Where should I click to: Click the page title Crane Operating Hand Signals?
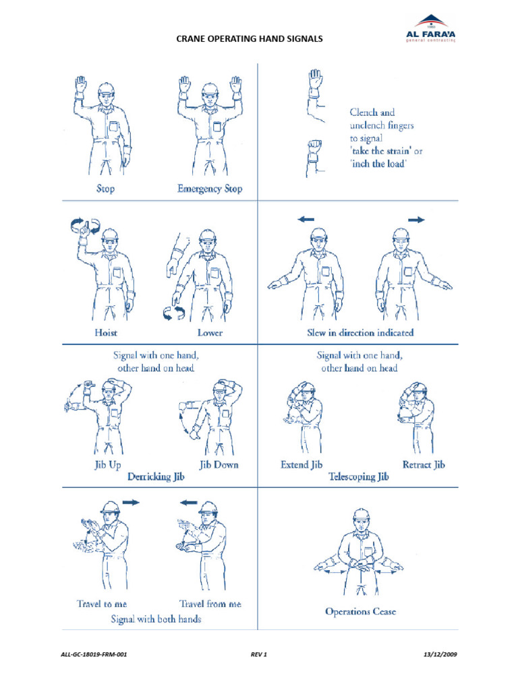click(x=250, y=38)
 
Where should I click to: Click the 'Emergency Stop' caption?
click(x=209, y=189)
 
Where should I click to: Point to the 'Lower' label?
click(x=210, y=332)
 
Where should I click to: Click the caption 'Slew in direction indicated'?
click(x=360, y=332)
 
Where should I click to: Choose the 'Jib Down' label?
click(x=219, y=464)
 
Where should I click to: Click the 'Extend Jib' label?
click(x=301, y=464)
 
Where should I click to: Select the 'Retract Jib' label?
click(x=424, y=464)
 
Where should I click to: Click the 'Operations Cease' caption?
click(x=360, y=611)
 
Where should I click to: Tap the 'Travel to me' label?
click(x=101, y=603)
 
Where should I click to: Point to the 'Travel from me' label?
click(x=210, y=603)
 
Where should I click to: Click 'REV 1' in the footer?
click(x=259, y=654)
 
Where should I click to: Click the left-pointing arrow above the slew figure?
click(x=306, y=219)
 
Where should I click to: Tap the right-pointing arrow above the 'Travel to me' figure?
click(x=131, y=502)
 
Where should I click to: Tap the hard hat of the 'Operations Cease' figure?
click(x=362, y=515)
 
